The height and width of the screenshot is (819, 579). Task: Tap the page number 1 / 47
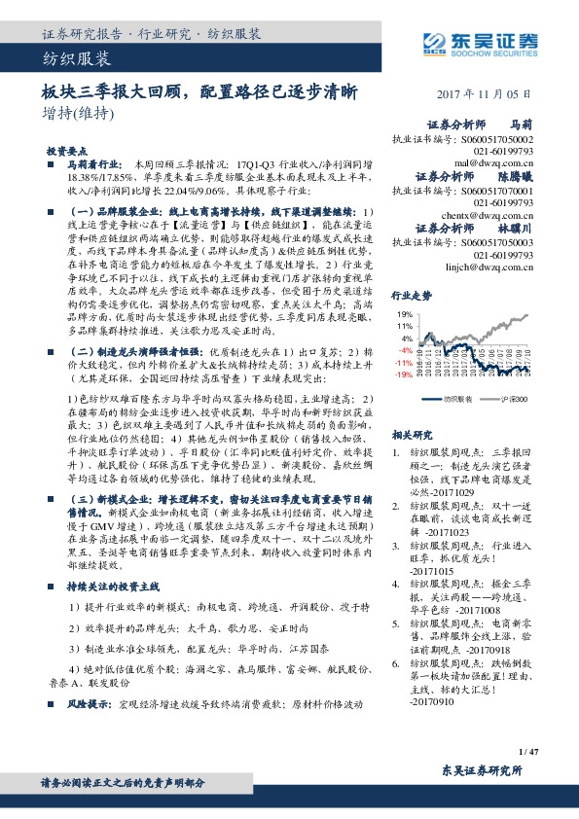[x=529, y=752]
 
